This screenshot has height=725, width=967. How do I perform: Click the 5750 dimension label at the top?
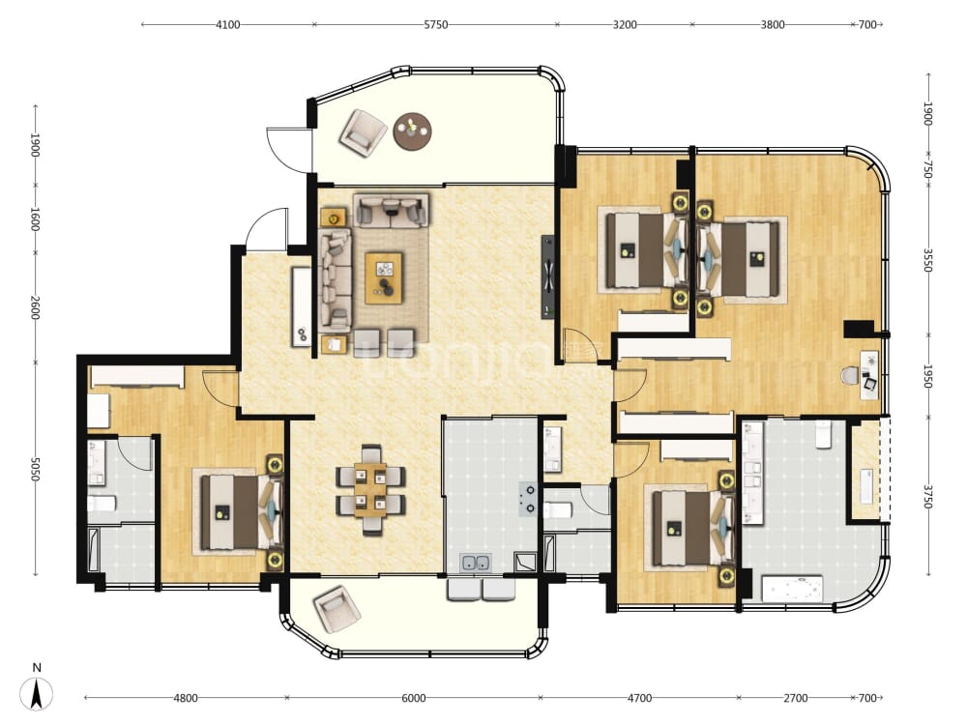coord(436,25)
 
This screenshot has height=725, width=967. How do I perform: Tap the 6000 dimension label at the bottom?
coord(413,698)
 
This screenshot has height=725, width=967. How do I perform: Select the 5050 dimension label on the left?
coord(35,470)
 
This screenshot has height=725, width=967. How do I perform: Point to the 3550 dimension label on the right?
coord(928,260)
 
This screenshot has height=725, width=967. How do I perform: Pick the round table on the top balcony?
coord(413,130)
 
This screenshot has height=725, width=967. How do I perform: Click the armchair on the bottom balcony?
coord(337,608)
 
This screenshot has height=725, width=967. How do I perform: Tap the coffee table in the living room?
coord(384,277)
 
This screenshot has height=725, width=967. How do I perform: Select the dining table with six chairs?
coord(370,489)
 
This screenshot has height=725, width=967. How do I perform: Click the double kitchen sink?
coord(476,563)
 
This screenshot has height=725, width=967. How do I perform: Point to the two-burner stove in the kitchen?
coord(528,499)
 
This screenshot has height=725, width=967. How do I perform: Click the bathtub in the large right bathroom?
coord(793,588)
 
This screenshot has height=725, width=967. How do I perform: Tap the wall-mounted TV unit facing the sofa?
coord(548,276)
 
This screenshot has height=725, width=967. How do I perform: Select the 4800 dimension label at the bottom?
coord(186,698)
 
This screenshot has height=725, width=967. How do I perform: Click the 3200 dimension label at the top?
coord(625,25)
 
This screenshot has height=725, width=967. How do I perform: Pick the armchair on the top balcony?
coord(364,131)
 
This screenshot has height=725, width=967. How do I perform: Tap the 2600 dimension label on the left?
coord(35,307)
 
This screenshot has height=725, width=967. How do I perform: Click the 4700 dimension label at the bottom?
coord(639,698)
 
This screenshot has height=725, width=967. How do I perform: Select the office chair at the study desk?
coord(851,375)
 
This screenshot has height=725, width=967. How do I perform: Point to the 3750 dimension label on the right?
coord(928,496)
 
